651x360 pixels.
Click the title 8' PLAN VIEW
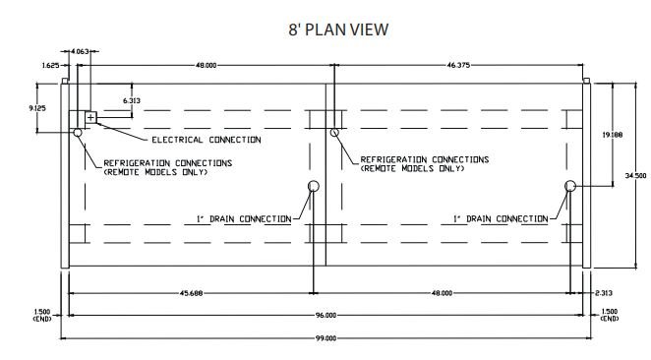point(338,30)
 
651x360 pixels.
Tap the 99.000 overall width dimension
point(325,338)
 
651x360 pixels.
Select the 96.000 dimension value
point(325,316)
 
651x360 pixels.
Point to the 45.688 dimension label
point(192,293)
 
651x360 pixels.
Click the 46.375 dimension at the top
point(458,65)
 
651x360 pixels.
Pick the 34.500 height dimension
point(635,176)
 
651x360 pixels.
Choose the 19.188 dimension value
point(613,135)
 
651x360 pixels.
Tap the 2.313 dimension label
point(604,293)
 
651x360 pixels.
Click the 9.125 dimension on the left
point(37,108)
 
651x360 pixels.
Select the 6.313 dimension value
point(132,101)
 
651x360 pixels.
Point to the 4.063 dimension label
point(80,51)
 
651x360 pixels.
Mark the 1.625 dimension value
point(50,65)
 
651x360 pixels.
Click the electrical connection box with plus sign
point(90,117)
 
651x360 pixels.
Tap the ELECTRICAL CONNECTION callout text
point(207,140)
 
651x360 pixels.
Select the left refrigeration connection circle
point(78,133)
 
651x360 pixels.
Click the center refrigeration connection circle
point(334,133)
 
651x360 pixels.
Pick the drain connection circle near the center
point(314,186)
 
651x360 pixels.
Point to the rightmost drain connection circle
point(570,186)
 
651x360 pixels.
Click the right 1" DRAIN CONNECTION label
point(501,218)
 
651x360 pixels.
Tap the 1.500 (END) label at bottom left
point(42,315)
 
